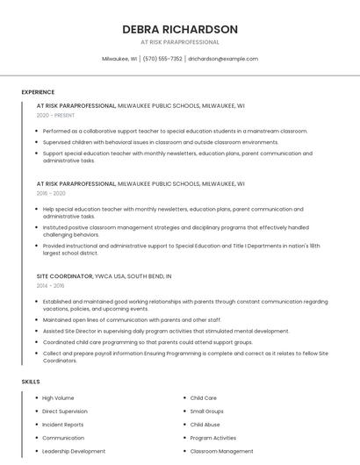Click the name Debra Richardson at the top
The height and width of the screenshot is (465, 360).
180,29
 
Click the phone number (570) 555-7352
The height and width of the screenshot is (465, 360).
162,59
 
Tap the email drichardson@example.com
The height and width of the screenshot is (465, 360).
223,59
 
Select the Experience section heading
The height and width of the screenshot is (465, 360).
38,92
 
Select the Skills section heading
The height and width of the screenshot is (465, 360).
31,382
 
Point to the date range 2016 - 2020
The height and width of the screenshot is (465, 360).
51,193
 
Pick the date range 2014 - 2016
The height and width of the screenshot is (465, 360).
50,285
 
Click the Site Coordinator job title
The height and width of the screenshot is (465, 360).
64,276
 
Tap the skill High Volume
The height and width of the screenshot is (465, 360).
58,398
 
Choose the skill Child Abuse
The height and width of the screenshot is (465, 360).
205,425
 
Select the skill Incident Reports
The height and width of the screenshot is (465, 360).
62,425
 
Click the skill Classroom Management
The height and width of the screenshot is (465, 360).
221,451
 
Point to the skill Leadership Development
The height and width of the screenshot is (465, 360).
74,451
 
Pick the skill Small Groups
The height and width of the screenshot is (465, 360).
207,411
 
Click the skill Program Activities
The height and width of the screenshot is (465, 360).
213,438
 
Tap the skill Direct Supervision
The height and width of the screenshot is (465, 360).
65,411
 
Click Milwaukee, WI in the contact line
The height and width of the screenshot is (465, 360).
119,59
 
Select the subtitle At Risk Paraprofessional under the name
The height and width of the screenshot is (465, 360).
180,42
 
